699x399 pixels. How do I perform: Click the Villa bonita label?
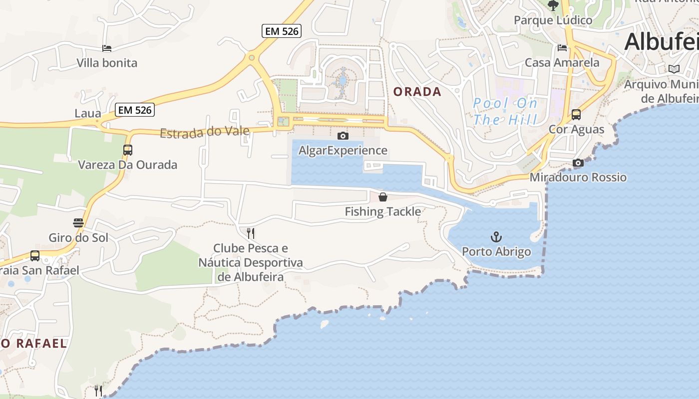point(107,63)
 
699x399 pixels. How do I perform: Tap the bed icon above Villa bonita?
point(106,48)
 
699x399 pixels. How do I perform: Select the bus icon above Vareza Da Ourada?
point(128,150)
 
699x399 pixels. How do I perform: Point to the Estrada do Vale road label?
point(205,132)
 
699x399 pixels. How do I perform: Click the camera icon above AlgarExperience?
point(343,136)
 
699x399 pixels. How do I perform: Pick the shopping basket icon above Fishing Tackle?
point(383,197)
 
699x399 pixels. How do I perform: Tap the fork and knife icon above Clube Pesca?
point(251,233)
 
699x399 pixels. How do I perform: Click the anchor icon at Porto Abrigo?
point(496,237)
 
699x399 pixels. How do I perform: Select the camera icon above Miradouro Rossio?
point(578,163)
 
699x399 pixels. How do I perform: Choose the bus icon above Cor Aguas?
point(576,115)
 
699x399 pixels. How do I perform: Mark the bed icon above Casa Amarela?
point(562,48)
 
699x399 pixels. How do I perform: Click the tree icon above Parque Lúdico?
point(553,5)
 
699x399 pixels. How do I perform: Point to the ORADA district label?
point(417,92)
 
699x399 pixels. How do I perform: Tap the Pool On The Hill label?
point(505,111)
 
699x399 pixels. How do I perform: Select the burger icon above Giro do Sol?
point(78,222)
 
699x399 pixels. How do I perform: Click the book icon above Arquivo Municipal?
point(674,69)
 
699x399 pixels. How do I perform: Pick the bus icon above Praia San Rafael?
point(35,256)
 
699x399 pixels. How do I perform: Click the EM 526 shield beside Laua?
point(135,110)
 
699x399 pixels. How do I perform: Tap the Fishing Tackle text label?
point(383,211)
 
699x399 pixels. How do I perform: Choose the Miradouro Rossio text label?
point(578,177)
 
